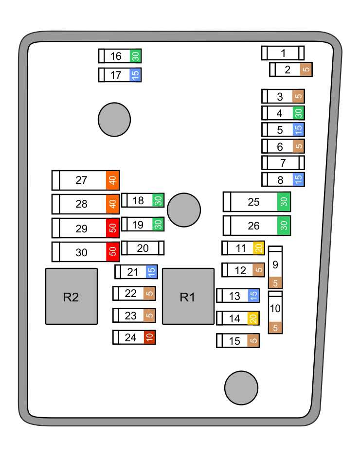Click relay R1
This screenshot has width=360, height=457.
188,296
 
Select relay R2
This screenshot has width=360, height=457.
71,296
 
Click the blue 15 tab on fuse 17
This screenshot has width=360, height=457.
136,75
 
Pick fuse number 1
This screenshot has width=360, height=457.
283,53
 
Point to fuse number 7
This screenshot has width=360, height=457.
283,162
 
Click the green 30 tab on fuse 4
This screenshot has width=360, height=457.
299,113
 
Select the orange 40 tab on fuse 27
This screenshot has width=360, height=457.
112,180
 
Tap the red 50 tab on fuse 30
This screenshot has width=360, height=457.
112,252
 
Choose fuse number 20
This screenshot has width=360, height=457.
143,248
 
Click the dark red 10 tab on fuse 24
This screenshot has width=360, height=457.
150,337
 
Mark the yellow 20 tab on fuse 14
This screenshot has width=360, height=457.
253,318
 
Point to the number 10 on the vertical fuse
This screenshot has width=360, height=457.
275,308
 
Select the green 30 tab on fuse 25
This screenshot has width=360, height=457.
284,202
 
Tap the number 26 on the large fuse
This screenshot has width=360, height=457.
254,226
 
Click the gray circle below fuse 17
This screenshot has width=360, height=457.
114,120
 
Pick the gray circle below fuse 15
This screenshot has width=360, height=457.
241,387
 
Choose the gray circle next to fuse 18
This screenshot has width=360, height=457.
184,210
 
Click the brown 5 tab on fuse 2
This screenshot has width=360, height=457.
306,70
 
